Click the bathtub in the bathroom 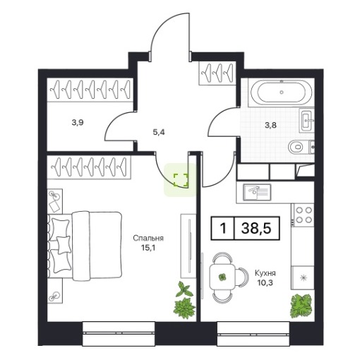282,92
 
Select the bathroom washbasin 307,120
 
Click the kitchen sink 257,192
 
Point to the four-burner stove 303,215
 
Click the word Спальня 148,238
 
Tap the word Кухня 265,273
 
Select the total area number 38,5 256,228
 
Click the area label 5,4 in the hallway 159,133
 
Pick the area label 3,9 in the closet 78,122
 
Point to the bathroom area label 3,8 270,125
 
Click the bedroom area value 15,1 148,248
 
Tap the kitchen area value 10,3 265,282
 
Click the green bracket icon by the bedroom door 181,180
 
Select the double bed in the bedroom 85,246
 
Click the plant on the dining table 222,277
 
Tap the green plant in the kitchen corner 301,305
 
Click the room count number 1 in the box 223,228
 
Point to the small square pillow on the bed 64,245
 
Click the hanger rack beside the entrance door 217,73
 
